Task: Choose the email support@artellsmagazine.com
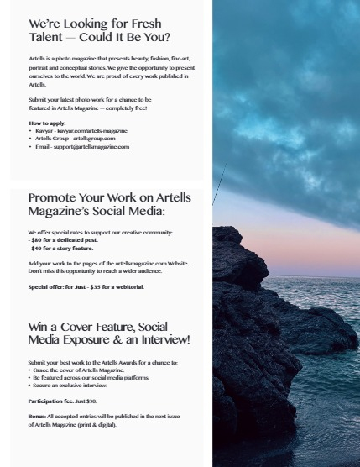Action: click(97, 146)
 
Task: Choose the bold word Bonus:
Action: click(39, 416)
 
